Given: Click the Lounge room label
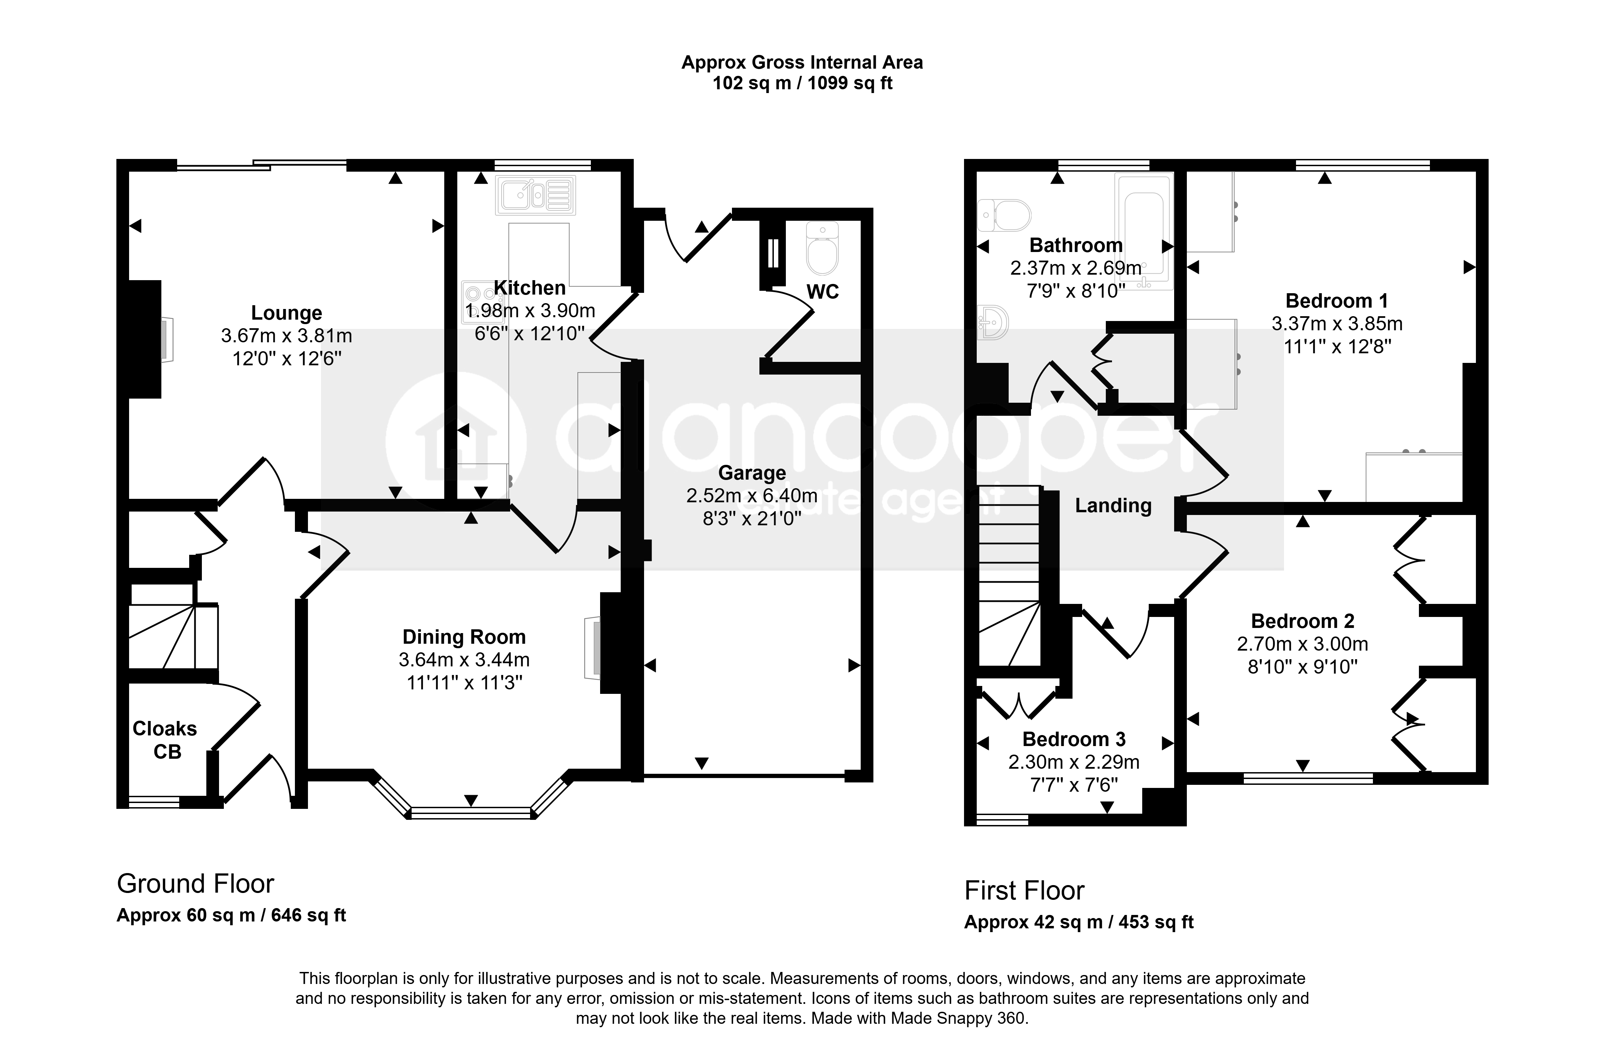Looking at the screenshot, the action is click(x=287, y=313).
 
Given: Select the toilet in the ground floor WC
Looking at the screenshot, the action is click(x=822, y=250).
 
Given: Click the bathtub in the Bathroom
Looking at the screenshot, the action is click(x=1144, y=231).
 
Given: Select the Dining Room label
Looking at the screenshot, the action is click(x=464, y=637).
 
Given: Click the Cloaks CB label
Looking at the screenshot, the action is click(x=165, y=740).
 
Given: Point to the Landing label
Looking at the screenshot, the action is click(x=1113, y=506).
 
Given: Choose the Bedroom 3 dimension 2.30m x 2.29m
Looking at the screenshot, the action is click(x=1074, y=762).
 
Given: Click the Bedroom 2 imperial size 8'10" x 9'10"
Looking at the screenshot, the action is click(x=1302, y=667).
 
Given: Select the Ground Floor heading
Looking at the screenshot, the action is click(x=196, y=883).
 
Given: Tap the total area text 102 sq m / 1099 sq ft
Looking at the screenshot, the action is click(x=803, y=83).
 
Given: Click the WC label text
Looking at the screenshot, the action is click(x=823, y=292).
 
